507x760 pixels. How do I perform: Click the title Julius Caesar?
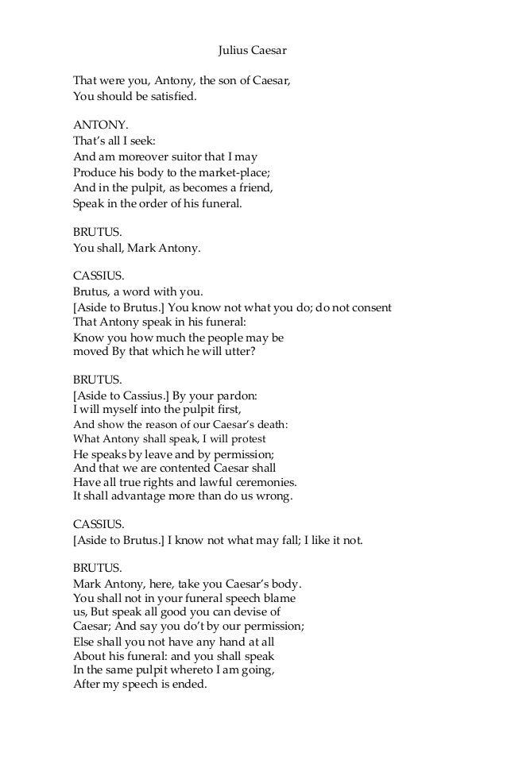(252, 51)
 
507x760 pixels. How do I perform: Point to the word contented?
(207, 468)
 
